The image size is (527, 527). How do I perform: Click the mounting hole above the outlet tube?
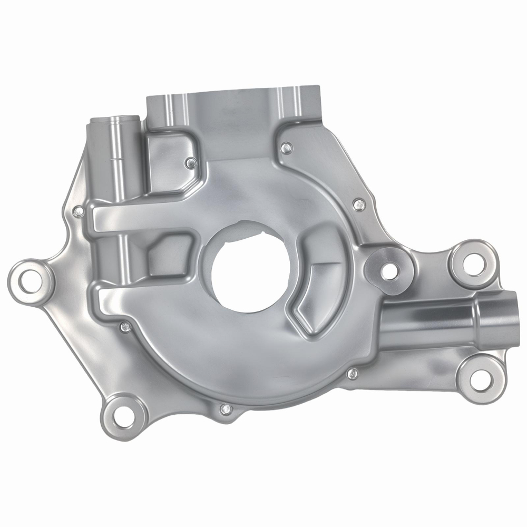(x=474, y=260)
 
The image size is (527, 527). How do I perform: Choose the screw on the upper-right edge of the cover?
(x=359, y=204)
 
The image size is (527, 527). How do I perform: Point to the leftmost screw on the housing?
(x=78, y=212)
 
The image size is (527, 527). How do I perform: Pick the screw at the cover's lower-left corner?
(x=125, y=327)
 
